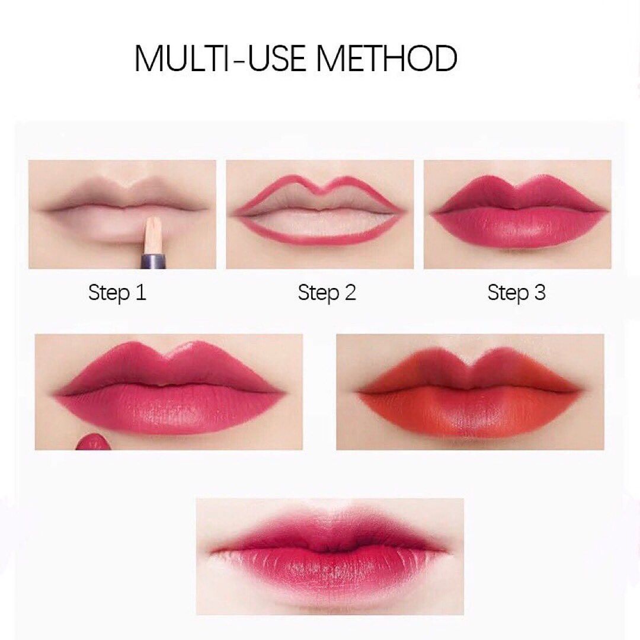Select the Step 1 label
[117, 292]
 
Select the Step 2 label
[327, 292]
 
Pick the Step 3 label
[516, 292]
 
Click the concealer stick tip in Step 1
[153, 231]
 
